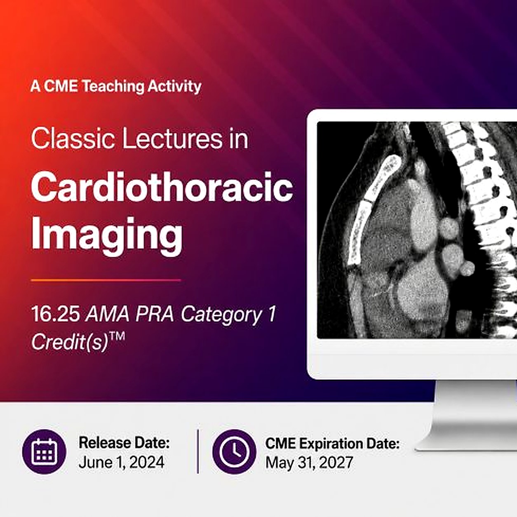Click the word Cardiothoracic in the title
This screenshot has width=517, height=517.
click(x=162, y=187)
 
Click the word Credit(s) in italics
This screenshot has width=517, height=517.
click(x=70, y=342)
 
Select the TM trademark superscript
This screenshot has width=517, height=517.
click(x=117, y=337)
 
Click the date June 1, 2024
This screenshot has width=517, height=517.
click(x=121, y=463)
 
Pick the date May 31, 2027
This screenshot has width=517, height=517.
click(x=309, y=463)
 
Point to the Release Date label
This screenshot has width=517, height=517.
click(x=124, y=443)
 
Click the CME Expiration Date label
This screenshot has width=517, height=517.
click(x=332, y=444)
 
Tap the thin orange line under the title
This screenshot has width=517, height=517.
click(x=106, y=280)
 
